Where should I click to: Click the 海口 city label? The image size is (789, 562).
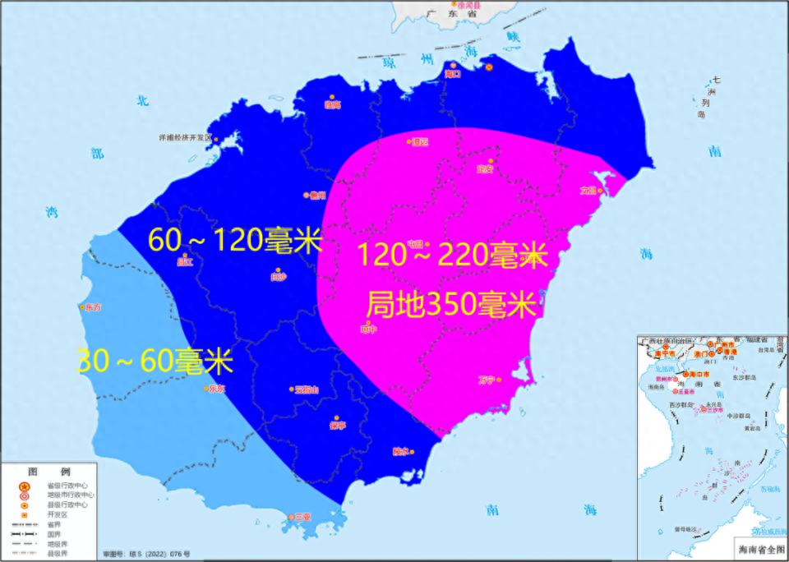pyautogui.click(x=452, y=74)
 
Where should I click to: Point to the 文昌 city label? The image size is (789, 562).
pyautogui.click(x=588, y=191)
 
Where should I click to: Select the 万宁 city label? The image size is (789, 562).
pyautogui.click(x=487, y=380)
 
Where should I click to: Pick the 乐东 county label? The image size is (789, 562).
pyautogui.click(x=216, y=389)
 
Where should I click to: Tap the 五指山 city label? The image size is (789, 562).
pyautogui.click(x=306, y=389)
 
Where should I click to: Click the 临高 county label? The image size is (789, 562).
pyautogui.click(x=332, y=104)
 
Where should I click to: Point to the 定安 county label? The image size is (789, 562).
pyautogui.click(x=485, y=170)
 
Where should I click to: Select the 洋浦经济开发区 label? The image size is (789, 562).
pyautogui.click(x=185, y=138)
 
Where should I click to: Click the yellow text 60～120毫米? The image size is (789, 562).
pyautogui.click(x=235, y=240)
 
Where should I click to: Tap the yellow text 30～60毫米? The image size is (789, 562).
pyautogui.click(x=155, y=362)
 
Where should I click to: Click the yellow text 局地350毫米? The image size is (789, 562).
pyautogui.click(x=450, y=306)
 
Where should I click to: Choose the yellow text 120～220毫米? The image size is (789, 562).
pyautogui.click(x=452, y=255)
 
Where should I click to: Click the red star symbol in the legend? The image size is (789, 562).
pyautogui.click(x=25, y=486)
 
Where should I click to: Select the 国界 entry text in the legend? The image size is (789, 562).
pyautogui.click(x=54, y=533)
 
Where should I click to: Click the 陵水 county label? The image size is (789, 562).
pyautogui.click(x=400, y=451)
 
